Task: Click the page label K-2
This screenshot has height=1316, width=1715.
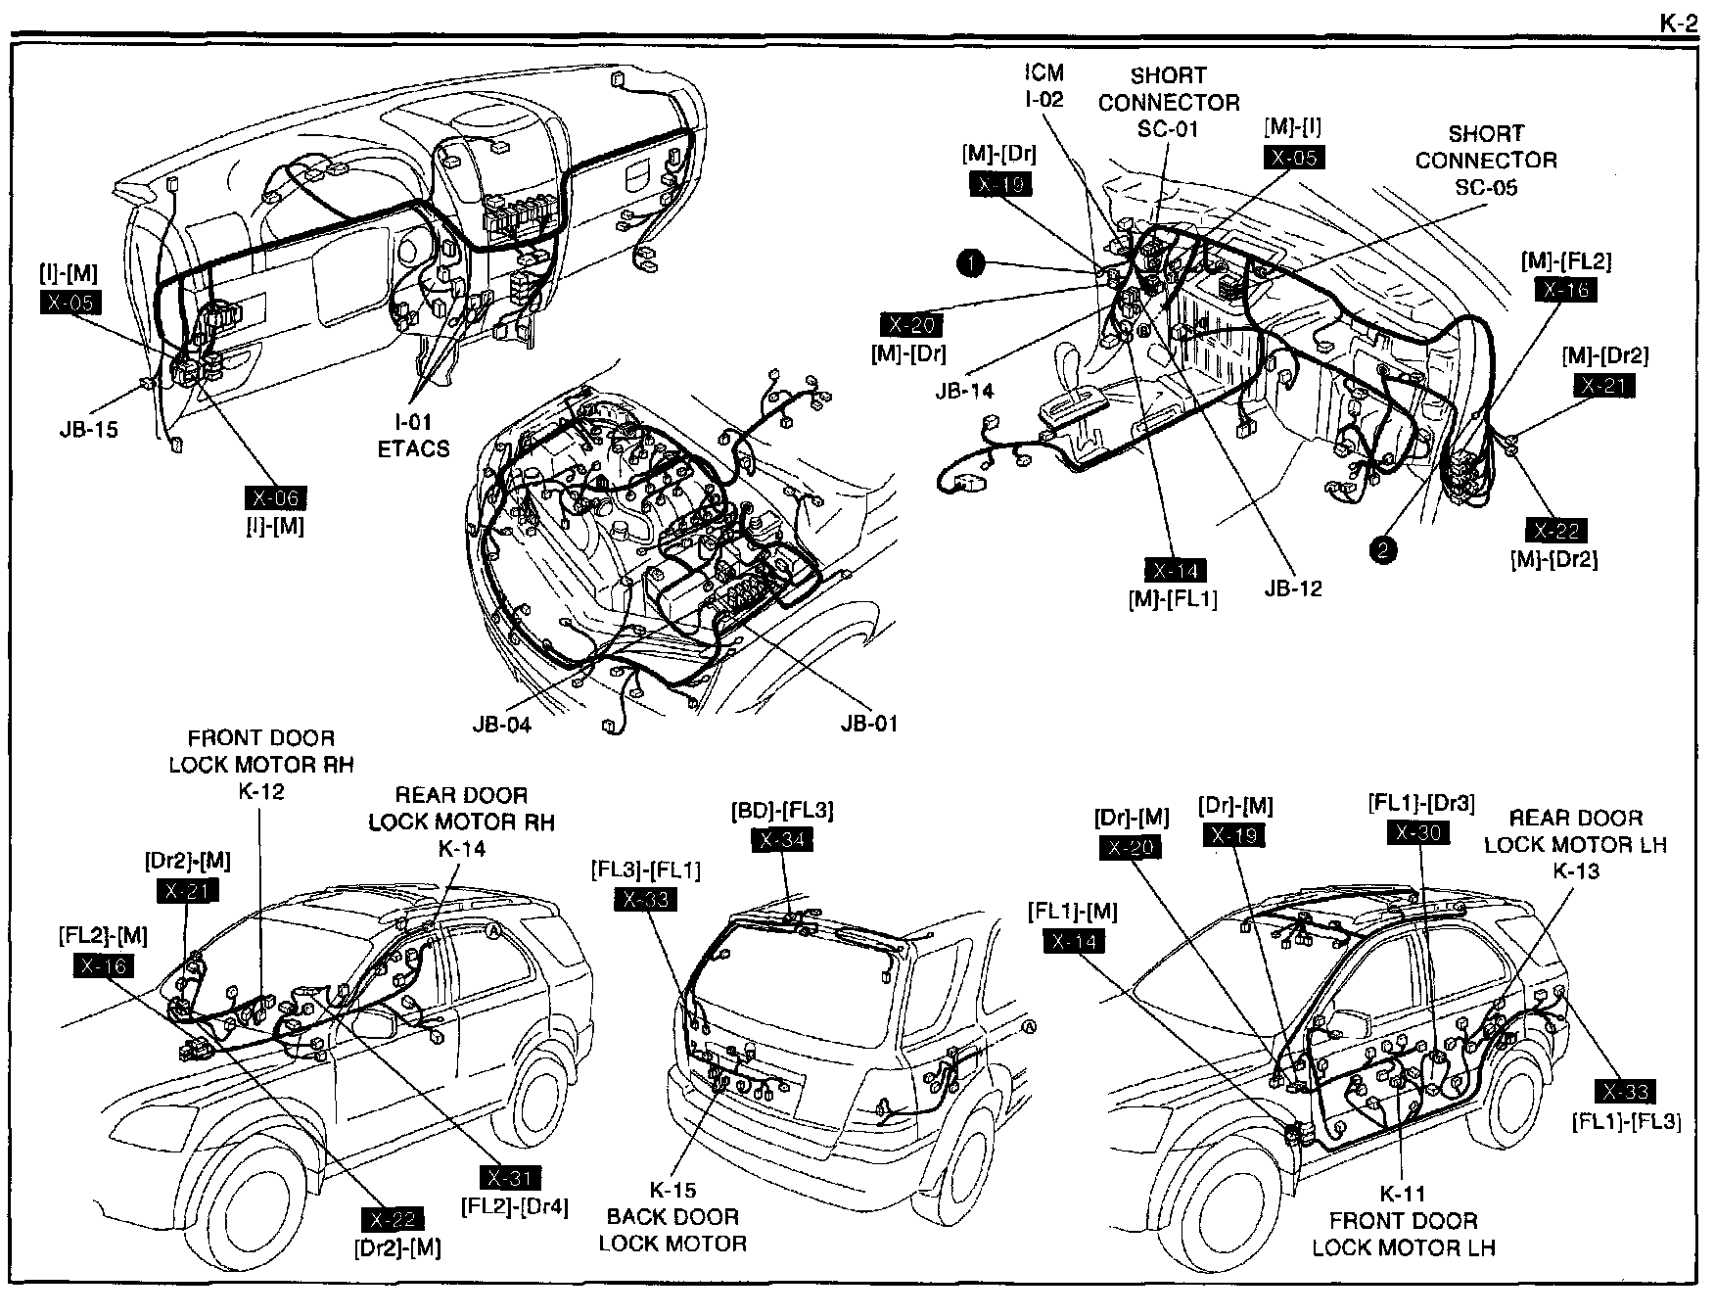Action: click(x=1678, y=22)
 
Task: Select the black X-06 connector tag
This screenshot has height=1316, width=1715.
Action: click(x=275, y=498)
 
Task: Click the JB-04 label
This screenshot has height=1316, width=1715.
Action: click(x=500, y=726)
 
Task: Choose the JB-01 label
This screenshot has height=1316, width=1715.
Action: click(x=868, y=724)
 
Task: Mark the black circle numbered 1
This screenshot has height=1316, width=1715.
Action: click(x=970, y=262)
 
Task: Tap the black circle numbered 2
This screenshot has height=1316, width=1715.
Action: click(x=1382, y=550)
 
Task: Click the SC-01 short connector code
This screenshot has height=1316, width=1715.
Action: click(x=1169, y=129)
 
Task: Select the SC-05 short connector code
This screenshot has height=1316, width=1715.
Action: click(x=1486, y=187)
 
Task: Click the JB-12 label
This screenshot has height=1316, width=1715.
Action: click(x=1293, y=588)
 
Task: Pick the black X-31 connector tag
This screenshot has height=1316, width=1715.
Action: click(x=511, y=1179)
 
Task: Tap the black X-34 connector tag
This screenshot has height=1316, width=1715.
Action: click(x=783, y=839)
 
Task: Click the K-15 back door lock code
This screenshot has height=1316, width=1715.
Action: click(x=672, y=1191)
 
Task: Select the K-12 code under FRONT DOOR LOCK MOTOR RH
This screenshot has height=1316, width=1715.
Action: click(x=261, y=791)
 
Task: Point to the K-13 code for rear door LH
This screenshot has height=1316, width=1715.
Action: click(x=1575, y=870)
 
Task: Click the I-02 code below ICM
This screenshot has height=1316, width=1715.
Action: click(x=1044, y=99)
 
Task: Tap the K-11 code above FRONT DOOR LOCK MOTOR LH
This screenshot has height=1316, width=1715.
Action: click(x=1403, y=1195)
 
